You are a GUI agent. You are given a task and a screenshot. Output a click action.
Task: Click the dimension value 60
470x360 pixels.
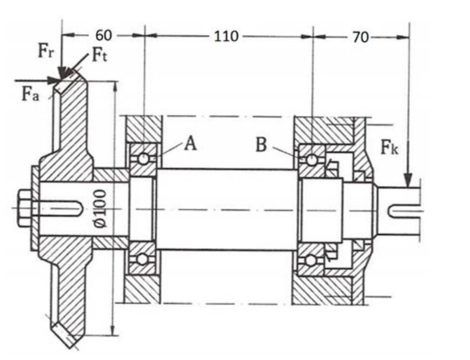[104, 36]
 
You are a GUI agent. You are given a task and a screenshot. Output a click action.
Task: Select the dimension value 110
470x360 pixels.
[226, 36]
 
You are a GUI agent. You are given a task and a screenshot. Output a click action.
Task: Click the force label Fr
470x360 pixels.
[46, 52]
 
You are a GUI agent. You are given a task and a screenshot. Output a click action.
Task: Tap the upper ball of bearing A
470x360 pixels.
[143, 158]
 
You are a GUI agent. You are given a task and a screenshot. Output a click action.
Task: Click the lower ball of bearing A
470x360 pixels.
[143, 259]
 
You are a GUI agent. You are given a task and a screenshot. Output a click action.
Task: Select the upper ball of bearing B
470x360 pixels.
[312, 160]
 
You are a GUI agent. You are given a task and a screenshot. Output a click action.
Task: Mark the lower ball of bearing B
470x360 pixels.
[311, 260]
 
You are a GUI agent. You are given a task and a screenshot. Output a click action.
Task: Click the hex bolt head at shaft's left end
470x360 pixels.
[24, 208]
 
